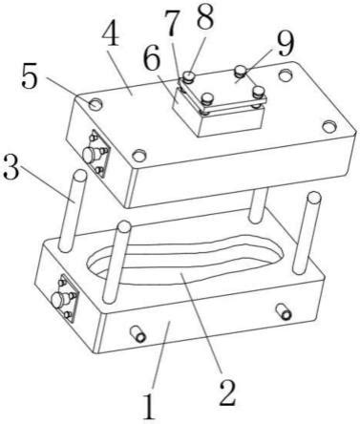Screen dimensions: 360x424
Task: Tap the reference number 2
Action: point(227,392)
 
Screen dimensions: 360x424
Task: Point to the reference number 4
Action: point(111,35)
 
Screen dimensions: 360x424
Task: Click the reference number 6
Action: point(151,60)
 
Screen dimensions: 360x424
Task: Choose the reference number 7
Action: point(172,23)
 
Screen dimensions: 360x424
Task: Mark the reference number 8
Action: point(205,16)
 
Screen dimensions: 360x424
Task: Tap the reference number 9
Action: point(285,45)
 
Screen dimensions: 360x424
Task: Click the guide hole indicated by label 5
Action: point(95,104)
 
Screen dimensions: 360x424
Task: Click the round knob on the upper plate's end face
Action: point(90,155)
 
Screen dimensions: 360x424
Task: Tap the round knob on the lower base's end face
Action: point(59,300)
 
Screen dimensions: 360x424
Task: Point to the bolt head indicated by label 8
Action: point(189,76)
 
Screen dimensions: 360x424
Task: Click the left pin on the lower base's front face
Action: point(138,334)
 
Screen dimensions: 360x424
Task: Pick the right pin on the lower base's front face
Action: point(284,311)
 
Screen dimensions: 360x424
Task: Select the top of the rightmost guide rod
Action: point(314,198)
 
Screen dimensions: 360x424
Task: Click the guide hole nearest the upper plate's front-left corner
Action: point(139,156)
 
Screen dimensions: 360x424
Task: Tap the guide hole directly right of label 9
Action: point(286,75)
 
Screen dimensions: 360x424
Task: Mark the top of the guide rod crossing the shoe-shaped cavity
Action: point(123,226)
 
